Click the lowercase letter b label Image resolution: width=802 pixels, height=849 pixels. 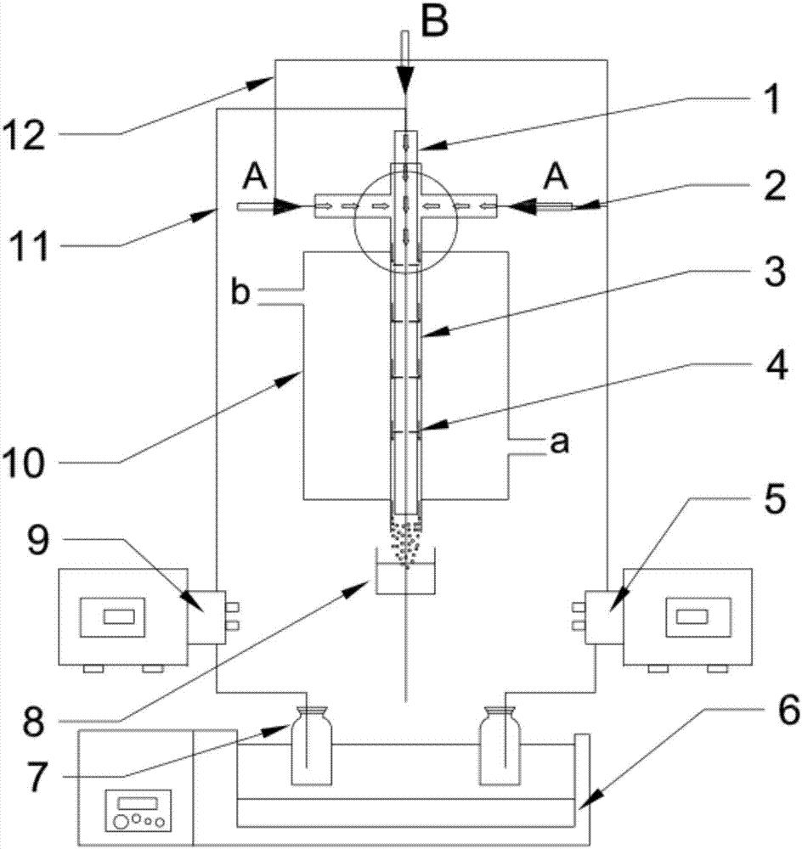[240, 292]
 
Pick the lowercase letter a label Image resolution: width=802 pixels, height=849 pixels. [560, 442]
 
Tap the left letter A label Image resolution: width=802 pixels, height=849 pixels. [255, 177]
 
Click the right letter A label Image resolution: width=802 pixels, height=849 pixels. [556, 177]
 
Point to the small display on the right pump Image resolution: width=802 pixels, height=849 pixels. [692, 616]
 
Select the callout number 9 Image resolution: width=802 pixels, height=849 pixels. [38, 540]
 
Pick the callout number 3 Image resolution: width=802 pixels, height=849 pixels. [775, 272]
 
